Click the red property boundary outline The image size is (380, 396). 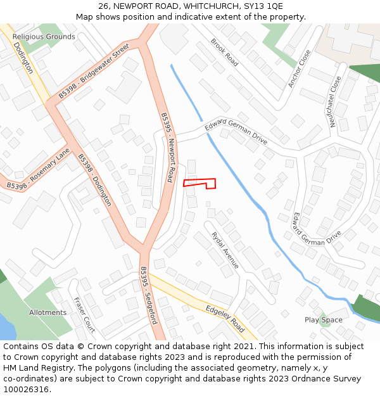coord(199,183)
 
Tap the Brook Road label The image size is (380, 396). coord(224,53)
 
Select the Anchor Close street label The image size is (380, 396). coord(299,68)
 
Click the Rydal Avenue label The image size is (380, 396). coord(225,249)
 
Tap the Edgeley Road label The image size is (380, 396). coord(225,318)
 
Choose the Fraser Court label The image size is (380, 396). coord(84,315)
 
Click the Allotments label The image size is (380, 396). coord(47,312)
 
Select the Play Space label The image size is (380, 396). coord(323,320)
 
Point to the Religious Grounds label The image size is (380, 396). coord(44,37)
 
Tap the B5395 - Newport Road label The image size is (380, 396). coord(167,148)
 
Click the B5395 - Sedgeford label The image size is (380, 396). coord(148,295)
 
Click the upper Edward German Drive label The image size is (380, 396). coord(236,132)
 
